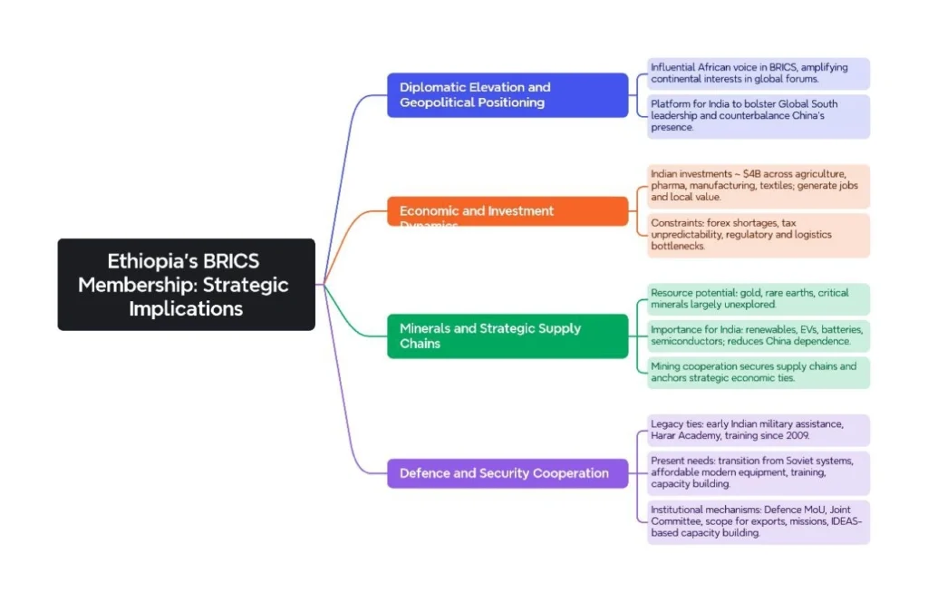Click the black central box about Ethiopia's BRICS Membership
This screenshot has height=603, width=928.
[x=186, y=285]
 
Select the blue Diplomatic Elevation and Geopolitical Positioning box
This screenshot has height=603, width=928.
[x=507, y=95]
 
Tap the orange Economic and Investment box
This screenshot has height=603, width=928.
[x=507, y=211]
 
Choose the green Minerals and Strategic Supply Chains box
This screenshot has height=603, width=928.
[x=507, y=336]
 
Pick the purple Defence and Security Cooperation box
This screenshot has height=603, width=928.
[x=507, y=473]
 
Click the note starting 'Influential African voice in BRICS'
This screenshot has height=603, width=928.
[x=758, y=73]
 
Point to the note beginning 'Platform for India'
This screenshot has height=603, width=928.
[x=758, y=116]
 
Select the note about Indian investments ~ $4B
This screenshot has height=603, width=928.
[x=758, y=185]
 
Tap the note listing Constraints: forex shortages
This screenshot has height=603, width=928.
[x=758, y=235]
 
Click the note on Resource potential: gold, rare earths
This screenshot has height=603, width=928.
[x=758, y=299]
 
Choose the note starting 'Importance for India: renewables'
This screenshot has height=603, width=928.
[x=758, y=335]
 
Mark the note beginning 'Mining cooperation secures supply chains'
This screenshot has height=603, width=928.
[x=758, y=372]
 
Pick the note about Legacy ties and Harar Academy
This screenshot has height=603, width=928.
[x=758, y=430]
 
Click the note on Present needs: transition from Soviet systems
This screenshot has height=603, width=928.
[x=758, y=472]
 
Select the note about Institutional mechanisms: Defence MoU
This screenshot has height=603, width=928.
[x=758, y=521]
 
